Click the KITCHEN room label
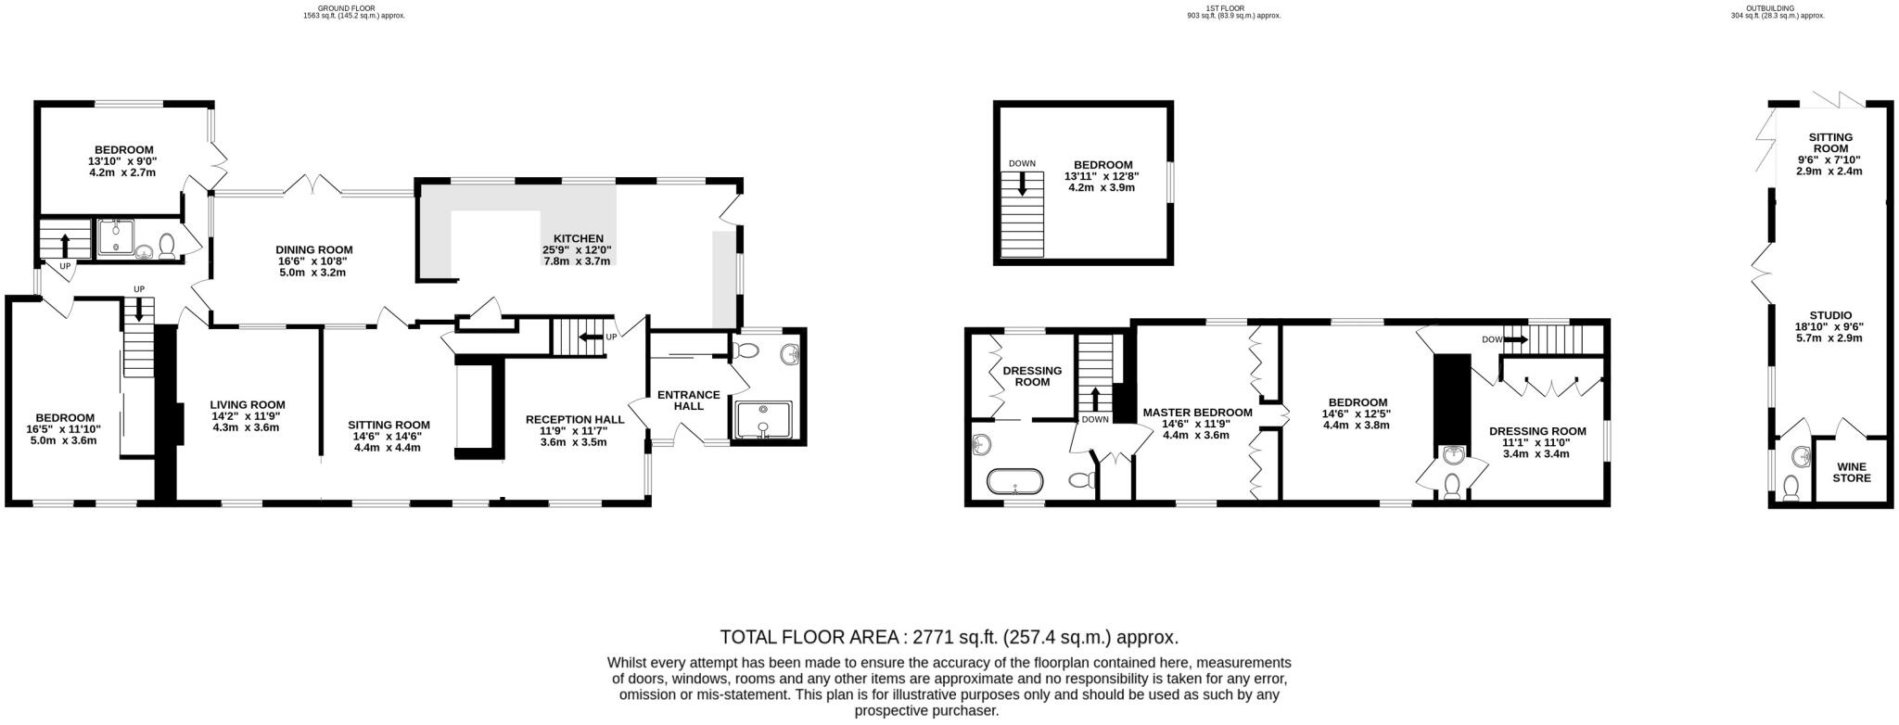tap(578, 238)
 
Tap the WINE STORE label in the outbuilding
tap(1851, 472)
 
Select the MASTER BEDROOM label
tap(1197, 413)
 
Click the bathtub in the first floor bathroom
tap(1015, 481)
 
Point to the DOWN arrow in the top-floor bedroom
tap(1023, 184)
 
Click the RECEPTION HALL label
tap(574, 419)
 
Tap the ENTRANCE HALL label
tap(688, 400)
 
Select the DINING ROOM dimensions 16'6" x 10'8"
tap(313, 261)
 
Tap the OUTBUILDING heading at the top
tap(1756, 8)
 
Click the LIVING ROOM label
tap(247, 404)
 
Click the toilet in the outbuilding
tap(1790, 488)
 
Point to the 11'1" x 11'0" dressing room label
tap(1536, 442)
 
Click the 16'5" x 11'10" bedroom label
tap(64, 429)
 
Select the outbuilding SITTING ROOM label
tap(1829, 142)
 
